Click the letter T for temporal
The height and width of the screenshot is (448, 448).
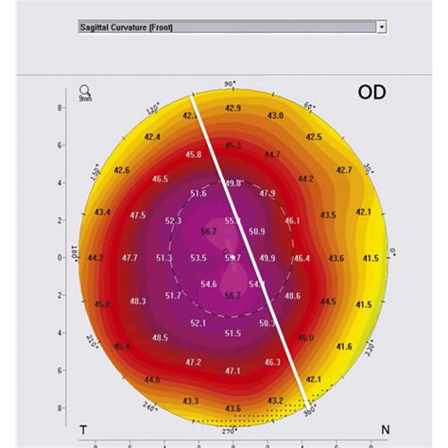[83, 430]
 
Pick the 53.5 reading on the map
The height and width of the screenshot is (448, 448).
[198, 257]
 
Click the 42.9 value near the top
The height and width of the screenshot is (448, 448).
[233, 109]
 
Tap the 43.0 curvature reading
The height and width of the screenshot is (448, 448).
[275, 115]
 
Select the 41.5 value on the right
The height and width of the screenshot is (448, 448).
[370, 257]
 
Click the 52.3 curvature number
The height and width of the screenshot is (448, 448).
[173, 220]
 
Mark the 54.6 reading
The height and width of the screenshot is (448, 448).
[209, 284]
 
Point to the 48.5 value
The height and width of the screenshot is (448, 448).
[160, 337]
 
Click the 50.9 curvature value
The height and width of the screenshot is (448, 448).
[257, 231]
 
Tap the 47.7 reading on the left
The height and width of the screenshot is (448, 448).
[129, 257]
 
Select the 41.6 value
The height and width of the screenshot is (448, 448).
[344, 347]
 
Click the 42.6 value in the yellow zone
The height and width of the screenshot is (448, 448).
[121, 170]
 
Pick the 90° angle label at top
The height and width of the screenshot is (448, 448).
[228, 85]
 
